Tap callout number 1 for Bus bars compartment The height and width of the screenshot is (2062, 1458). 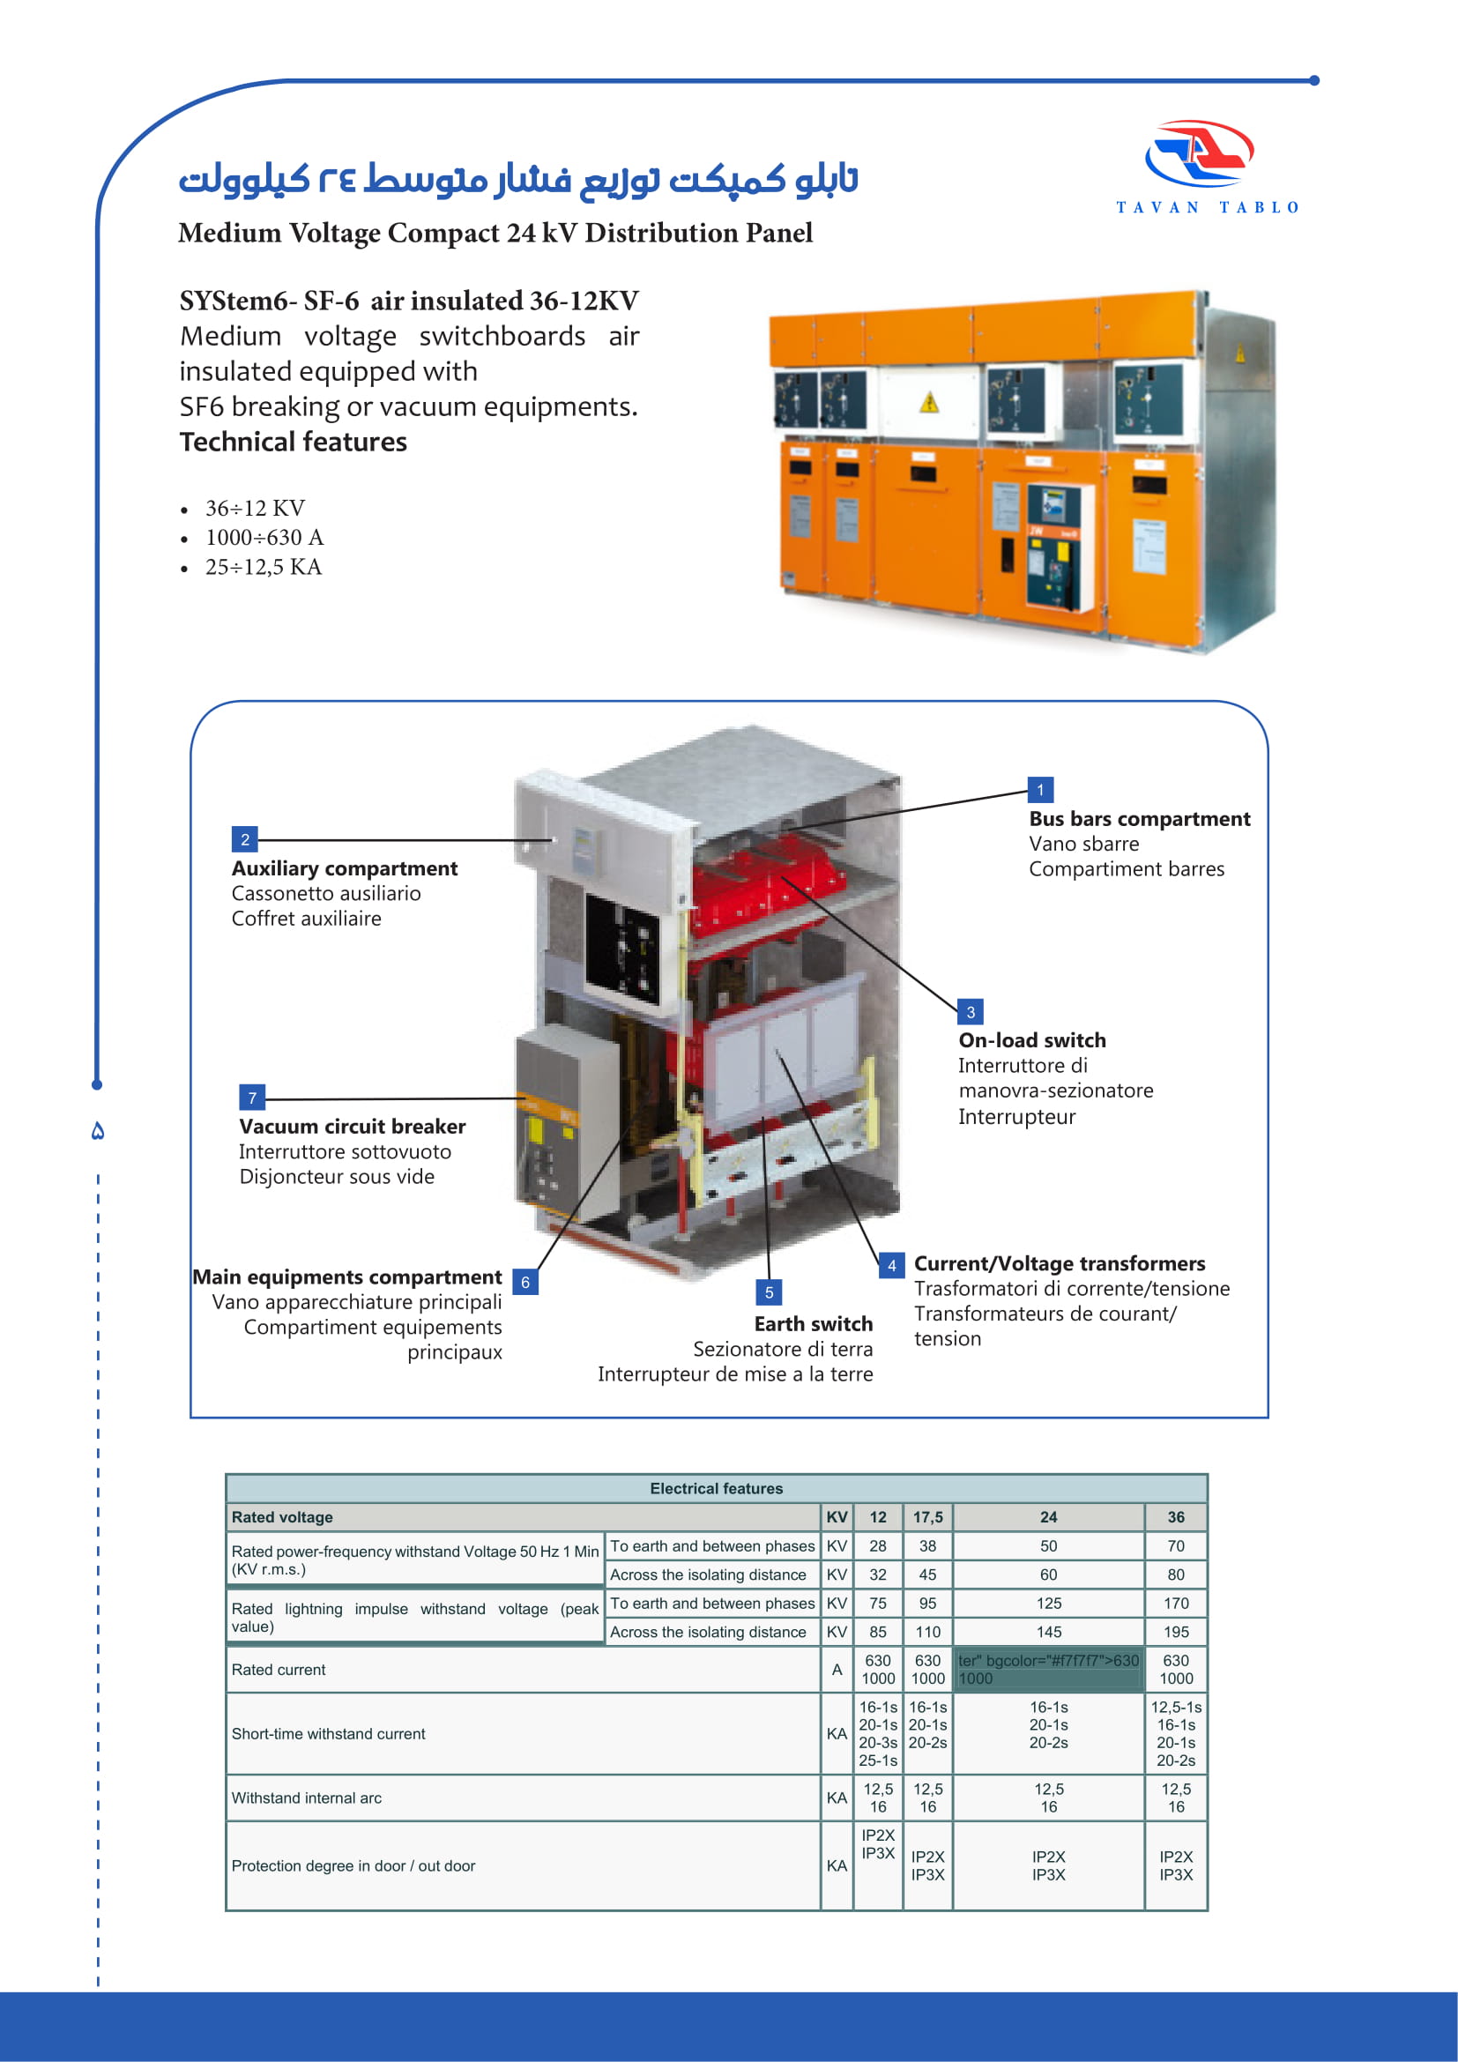point(1039,790)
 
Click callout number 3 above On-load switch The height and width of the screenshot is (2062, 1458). point(971,1012)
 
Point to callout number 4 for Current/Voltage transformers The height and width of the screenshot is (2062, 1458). point(891,1265)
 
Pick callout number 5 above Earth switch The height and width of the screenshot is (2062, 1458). point(769,1292)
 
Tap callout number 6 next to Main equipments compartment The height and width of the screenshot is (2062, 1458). point(525,1282)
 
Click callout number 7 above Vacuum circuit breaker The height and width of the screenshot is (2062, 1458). point(252,1098)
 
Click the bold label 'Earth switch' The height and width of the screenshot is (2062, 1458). point(814,1324)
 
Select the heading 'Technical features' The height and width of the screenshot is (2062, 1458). point(293,442)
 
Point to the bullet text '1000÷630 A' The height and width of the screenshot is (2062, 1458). point(264,537)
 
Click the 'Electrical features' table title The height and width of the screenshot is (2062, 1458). point(717,1488)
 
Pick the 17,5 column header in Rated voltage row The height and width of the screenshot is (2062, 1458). point(927,1517)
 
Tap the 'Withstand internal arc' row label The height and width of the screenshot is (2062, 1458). point(306,1798)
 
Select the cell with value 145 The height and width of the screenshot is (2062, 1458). point(1049,1632)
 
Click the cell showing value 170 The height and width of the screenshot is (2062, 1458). point(1176,1603)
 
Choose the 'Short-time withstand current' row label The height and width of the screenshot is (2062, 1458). point(329,1733)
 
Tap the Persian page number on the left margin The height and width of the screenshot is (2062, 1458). point(98,1132)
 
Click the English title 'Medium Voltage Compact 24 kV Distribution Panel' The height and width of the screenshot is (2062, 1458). point(495,233)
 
